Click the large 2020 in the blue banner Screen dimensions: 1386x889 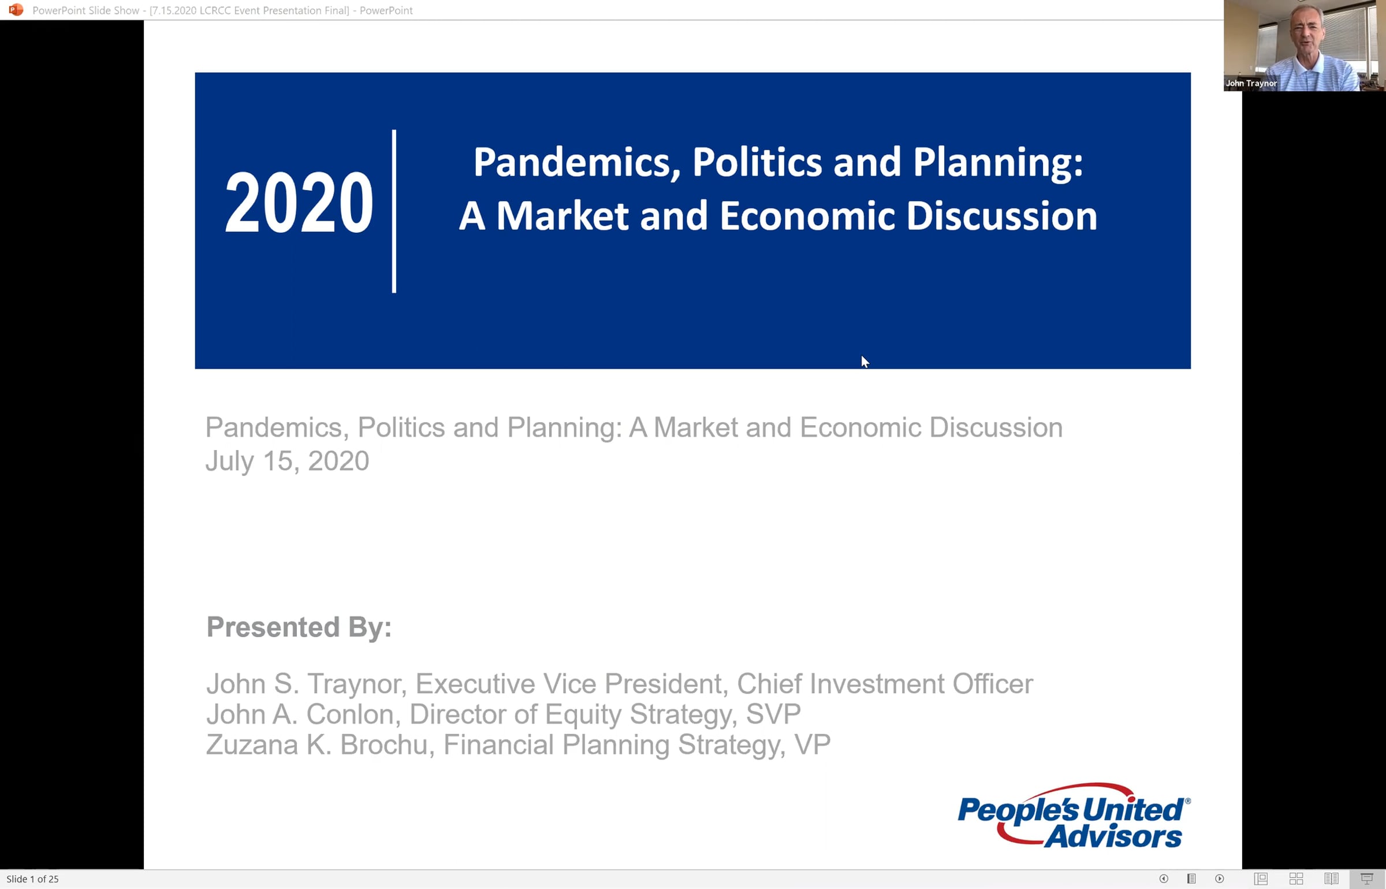pos(299,203)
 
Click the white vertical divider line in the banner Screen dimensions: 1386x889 pos(394,211)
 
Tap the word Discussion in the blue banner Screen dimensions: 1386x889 pos(1001,216)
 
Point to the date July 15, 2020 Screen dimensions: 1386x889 pos(287,461)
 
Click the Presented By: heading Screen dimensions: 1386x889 pos(299,627)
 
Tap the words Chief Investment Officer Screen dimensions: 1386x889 pos(885,684)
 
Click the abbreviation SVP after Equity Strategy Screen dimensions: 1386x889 pos(773,714)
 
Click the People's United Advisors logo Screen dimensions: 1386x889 pos(1074,816)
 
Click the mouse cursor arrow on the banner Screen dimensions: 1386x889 pos(865,362)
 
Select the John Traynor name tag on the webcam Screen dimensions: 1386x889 pos(1251,83)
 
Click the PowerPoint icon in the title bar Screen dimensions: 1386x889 pos(16,10)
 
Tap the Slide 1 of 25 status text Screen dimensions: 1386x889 pos(32,879)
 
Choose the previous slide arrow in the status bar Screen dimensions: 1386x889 pos(1164,879)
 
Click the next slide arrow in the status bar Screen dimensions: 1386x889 pos(1220,879)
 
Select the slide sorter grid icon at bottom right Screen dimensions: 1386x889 pos(1296,879)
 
